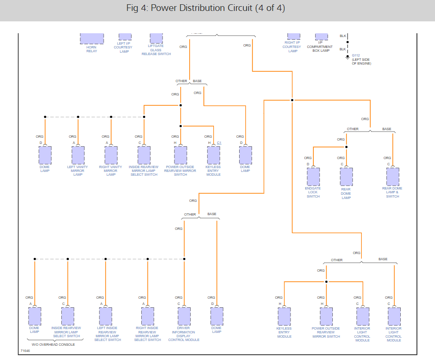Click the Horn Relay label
92,49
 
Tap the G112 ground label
356,55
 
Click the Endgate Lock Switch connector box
313,177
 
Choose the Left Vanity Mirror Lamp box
78,155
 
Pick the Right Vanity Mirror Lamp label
111,171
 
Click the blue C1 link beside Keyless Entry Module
219,143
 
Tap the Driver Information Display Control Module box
184,316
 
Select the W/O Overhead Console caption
53,344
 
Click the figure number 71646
25,351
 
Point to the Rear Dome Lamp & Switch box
393,177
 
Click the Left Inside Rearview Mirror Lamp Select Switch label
107,334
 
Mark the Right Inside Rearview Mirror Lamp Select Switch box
147,316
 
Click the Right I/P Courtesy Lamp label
292,47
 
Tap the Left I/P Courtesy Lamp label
124,47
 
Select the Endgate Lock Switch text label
313,192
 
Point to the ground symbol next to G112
348,58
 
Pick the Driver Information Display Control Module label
184,334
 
